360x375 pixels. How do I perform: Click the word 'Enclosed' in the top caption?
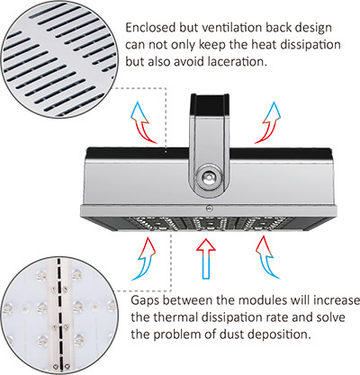150,28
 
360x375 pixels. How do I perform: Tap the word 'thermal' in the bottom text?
175,317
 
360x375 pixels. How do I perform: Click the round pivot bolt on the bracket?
209,177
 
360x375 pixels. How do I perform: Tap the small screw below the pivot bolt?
208,208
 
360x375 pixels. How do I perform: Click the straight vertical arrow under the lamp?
206,259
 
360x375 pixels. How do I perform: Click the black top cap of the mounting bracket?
211,104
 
